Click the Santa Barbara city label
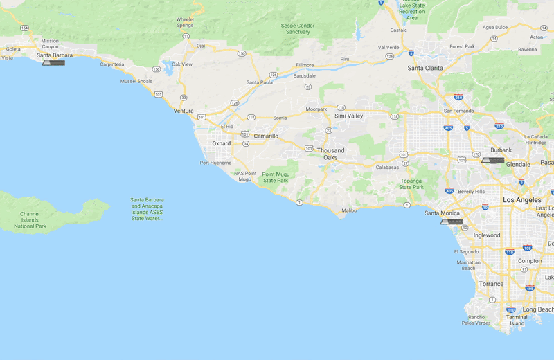click(55, 55)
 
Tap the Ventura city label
click(184, 111)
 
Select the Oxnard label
click(221, 143)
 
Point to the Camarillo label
click(266, 136)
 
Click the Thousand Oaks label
click(330, 154)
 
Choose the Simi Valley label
click(349, 116)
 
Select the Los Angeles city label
click(522, 199)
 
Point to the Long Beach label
click(538, 309)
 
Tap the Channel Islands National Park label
click(30, 220)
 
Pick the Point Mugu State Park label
click(275, 178)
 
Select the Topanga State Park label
click(411, 183)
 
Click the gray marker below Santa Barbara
click(53, 63)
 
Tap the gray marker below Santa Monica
click(451, 222)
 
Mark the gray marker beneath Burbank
click(492, 159)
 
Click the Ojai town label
click(201, 46)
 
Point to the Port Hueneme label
click(215, 163)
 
